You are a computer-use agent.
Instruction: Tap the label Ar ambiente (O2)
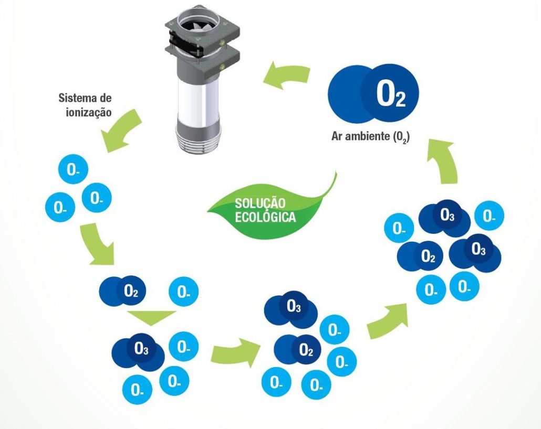pos(371,137)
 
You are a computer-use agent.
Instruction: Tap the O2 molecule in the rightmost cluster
pos(421,257)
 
